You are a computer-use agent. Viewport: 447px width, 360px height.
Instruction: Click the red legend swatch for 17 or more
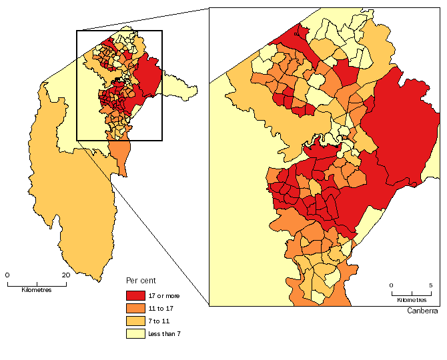point(135,295)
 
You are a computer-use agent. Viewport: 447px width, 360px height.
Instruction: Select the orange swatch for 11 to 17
point(135,308)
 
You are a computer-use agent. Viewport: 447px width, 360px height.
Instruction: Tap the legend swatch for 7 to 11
point(135,321)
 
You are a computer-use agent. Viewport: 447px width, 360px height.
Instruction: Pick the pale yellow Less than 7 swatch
point(135,333)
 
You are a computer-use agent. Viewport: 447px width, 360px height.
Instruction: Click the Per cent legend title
point(141,281)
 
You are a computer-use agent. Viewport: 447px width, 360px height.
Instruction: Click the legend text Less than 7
point(165,333)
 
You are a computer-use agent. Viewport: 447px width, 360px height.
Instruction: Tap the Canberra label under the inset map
point(422,311)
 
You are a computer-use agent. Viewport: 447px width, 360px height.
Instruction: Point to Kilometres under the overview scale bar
point(36,290)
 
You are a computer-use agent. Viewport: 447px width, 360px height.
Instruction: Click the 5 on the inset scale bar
point(430,285)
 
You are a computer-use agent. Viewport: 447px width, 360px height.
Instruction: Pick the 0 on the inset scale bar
point(392,285)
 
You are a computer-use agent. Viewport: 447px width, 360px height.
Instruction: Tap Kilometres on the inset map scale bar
point(411,293)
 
